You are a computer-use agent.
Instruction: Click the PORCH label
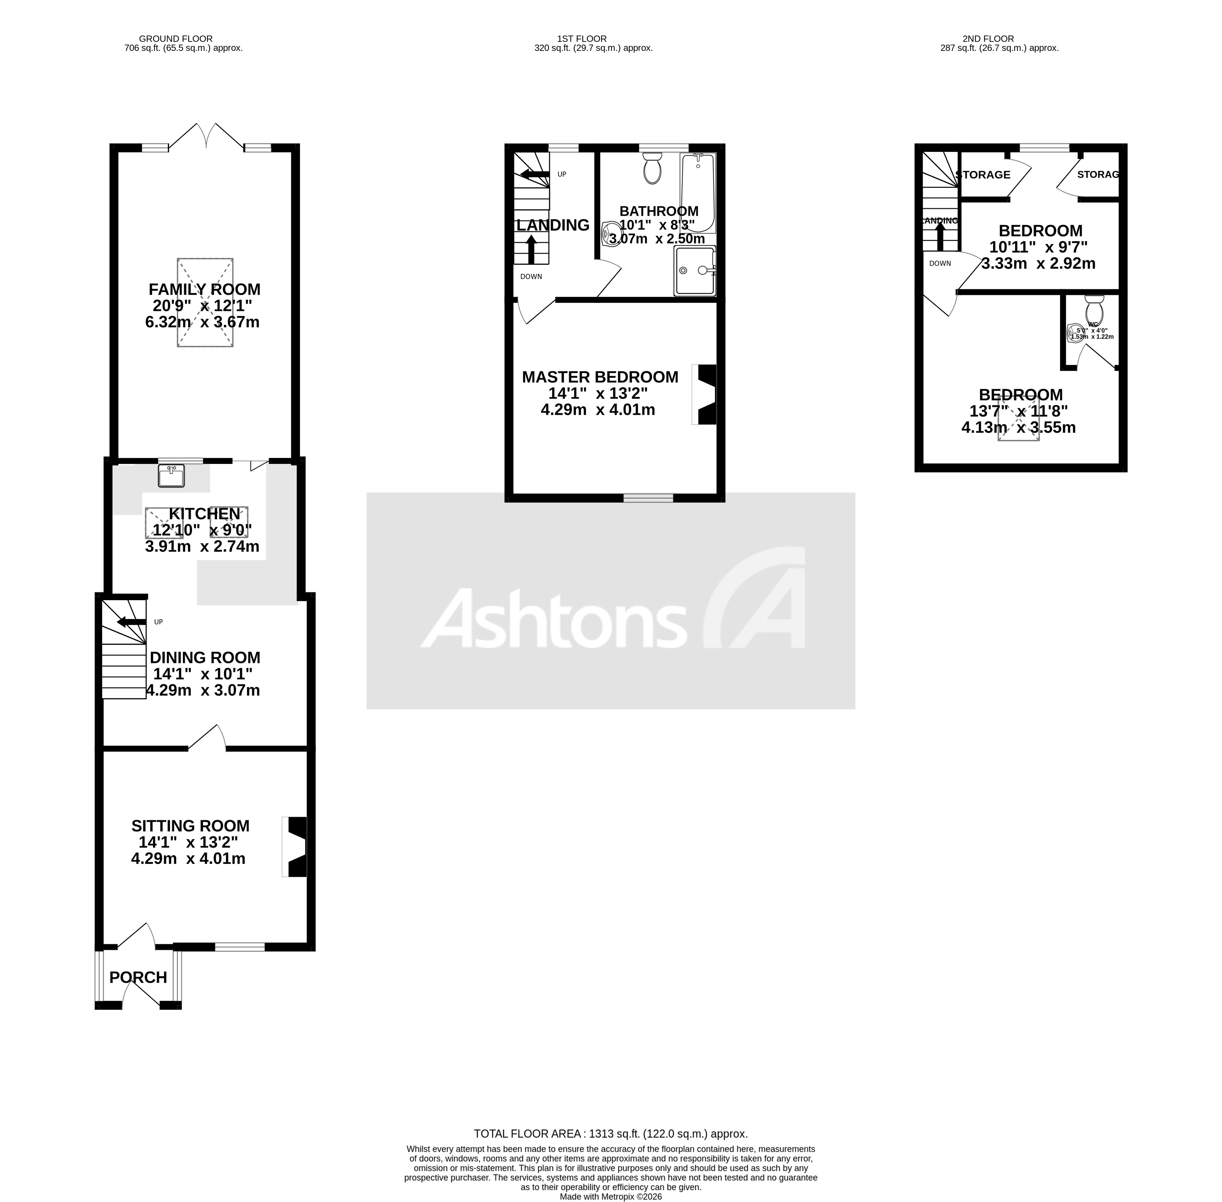click(138, 977)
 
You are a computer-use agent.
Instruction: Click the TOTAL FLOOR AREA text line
click(610, 1133)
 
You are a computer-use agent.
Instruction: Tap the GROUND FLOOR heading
click(176, 38)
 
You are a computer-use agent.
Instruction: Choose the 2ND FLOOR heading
click(988, 38)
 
